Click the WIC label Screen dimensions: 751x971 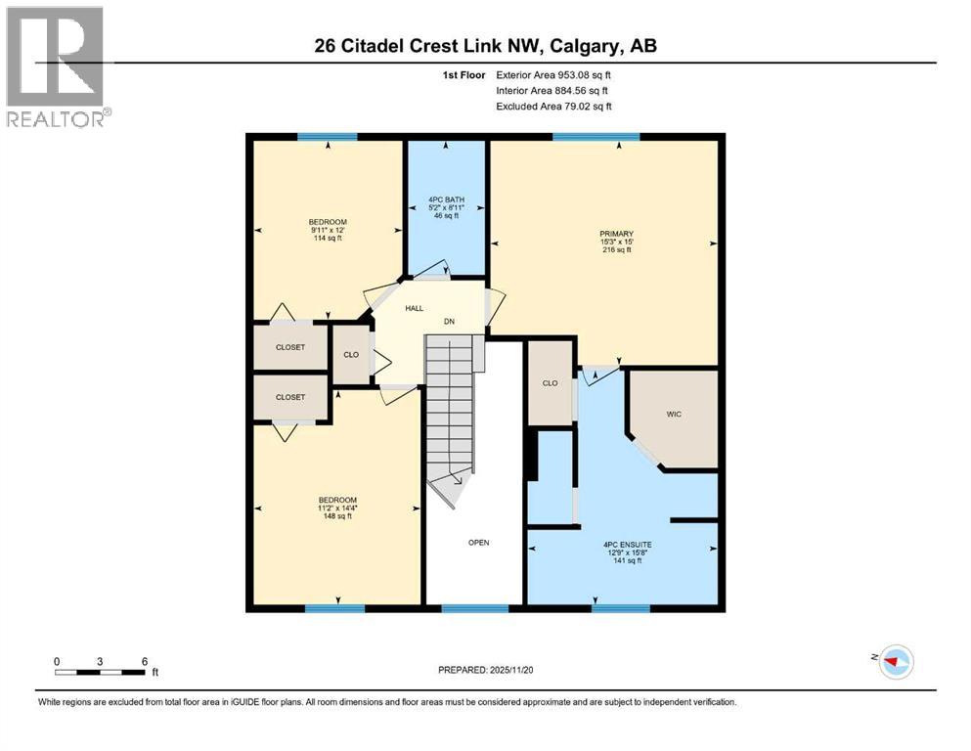[674, 415]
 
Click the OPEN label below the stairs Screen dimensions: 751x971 [478, 543]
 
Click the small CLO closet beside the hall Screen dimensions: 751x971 [351, 354]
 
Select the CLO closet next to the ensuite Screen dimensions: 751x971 [550, 383]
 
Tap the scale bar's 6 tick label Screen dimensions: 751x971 [145, 661]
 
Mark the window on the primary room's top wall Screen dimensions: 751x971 [596, 137]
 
